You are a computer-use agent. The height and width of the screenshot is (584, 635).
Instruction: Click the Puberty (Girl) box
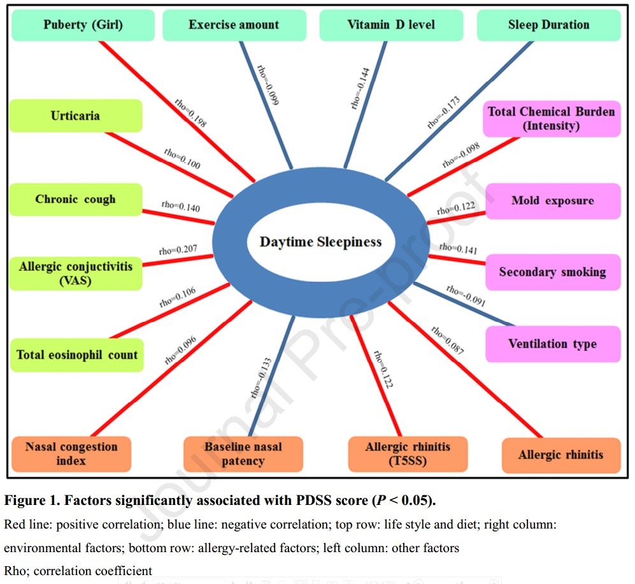pos(83,26)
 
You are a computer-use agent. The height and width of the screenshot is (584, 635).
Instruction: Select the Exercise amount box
pos(233,26)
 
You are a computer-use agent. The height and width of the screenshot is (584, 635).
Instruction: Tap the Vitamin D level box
pos(390,26)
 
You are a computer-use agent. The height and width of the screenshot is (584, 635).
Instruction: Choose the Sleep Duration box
pos(548,26)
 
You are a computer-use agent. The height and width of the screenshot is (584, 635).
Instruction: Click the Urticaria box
pos(75,116)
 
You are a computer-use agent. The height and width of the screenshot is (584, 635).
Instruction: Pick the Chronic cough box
pos(75,199)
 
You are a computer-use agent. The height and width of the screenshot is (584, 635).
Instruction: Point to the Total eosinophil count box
pos(77,354)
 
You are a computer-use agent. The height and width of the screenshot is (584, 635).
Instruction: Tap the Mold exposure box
pos(552,201)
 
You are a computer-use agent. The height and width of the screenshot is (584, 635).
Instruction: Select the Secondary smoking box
pos(552,272)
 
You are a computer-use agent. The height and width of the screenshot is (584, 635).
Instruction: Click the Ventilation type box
pos(552,344)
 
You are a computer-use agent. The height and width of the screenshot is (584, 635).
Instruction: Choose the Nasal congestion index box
pos(71,453)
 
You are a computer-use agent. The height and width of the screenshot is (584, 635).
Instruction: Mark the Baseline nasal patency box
pos(243,453)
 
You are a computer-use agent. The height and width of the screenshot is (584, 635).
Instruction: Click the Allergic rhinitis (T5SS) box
pos(408,453)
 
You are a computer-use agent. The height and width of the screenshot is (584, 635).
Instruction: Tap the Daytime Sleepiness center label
pos(320,242)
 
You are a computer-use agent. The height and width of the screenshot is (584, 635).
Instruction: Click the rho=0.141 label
pos(458,249)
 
